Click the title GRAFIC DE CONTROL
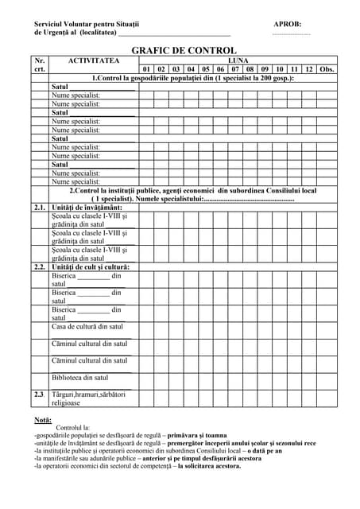point(184,50)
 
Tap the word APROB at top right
point(287,24)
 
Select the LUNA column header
point(238,60)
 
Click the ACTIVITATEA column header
point(94,60)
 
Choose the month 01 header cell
point(146,69)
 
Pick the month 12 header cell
point(309,69)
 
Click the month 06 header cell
point(221,69)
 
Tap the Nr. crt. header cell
point(40,64)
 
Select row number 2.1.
point(40,207)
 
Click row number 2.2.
point(40,267)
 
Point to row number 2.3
point(40,394)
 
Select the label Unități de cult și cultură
point(90,267)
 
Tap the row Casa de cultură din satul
point(87,327)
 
